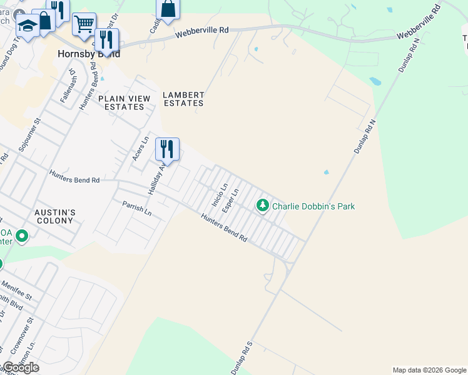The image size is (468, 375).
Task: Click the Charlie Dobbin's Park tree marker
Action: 263,205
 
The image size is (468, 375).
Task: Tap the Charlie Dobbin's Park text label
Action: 313,206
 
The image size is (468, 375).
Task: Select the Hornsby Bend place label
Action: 88,54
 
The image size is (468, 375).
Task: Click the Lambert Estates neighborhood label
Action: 183,99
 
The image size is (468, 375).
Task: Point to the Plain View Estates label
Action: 124,102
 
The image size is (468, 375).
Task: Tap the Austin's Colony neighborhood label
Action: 55,216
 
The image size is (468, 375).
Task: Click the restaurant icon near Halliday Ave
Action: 167,149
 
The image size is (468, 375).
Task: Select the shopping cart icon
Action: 84,24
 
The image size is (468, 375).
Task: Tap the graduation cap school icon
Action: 28,26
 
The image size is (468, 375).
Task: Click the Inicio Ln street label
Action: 216,195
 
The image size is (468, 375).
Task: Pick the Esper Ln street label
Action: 231,199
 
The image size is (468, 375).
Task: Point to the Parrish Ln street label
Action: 137,209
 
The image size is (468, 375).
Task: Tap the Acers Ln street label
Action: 139,149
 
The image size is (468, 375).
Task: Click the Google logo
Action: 20,367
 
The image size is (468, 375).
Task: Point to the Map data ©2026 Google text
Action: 429,370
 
